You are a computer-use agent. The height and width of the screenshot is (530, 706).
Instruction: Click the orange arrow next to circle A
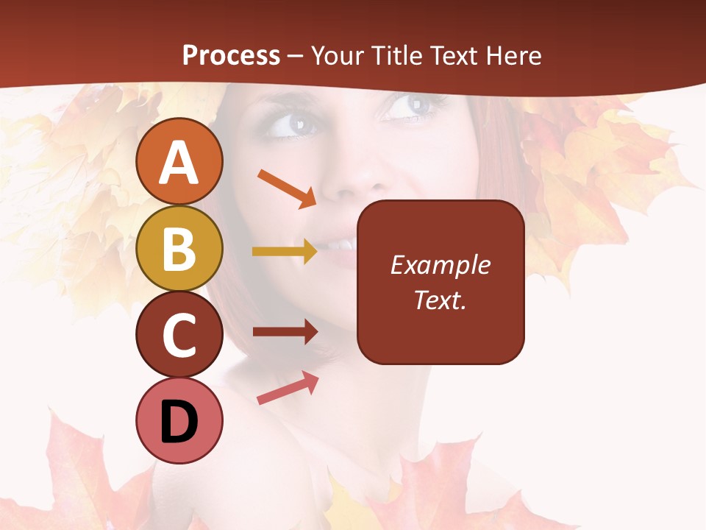point(288,188)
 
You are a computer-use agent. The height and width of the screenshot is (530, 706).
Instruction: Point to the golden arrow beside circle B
point(285,252)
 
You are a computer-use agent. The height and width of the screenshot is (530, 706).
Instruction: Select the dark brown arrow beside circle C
point(285,332)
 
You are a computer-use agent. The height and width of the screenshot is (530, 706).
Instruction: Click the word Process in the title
point(231,55)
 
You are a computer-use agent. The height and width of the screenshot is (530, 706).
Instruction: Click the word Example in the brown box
point(440,265)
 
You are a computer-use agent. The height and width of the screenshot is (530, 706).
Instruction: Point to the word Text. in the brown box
point(440,300)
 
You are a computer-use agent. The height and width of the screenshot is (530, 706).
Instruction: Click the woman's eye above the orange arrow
point(292,122)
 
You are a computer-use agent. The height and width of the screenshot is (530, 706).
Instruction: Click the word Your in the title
point(338,55)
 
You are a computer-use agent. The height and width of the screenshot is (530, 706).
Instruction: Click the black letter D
point(179,422)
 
